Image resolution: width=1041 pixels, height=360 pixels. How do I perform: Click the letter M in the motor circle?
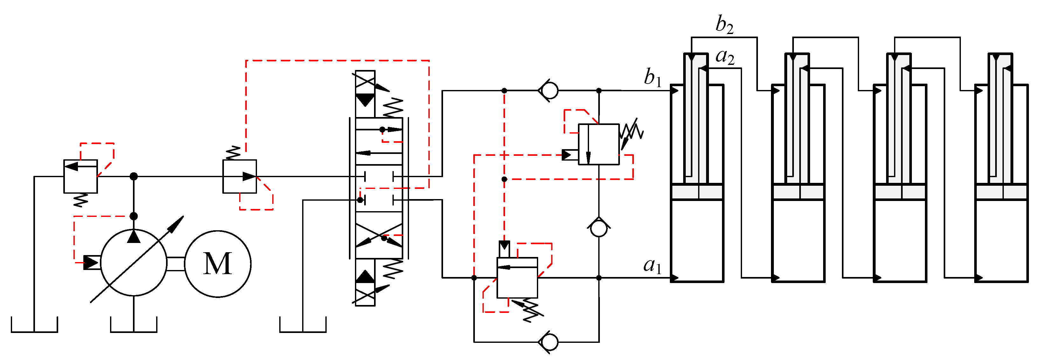coord(218,263)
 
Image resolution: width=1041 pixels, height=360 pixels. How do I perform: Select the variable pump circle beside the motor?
coord(133,263)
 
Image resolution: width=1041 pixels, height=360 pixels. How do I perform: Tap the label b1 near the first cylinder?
coord(652,77)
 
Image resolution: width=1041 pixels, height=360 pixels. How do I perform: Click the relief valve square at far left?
coord(80,176)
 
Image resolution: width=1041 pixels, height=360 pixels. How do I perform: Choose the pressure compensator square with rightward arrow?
coord(239,176)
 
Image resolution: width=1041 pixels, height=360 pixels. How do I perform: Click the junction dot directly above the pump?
coord(133,216)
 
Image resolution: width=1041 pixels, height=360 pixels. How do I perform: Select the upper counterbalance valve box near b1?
coord(599,144)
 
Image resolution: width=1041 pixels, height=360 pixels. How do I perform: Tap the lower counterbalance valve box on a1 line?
coord(517,278)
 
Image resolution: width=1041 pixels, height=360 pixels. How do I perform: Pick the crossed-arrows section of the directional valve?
coord(379,235)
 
